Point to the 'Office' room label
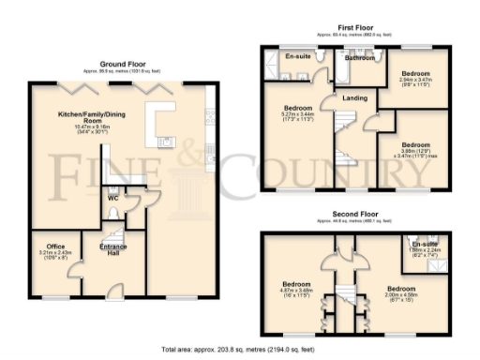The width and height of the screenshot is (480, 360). (x=55, y=247)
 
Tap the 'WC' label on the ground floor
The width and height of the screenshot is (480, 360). (x=112, y=199)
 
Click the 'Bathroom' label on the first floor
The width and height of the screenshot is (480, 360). (x=359, y=58)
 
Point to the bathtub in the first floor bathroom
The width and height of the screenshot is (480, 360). (x=359, y=68)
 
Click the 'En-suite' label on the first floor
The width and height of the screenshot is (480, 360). (x=296, y=58)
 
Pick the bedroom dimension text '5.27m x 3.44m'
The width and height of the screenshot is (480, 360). (x=297, y=113)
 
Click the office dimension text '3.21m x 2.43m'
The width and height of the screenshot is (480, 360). (x=55, y=253)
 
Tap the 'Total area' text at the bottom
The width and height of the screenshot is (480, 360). (x=240, y=349)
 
